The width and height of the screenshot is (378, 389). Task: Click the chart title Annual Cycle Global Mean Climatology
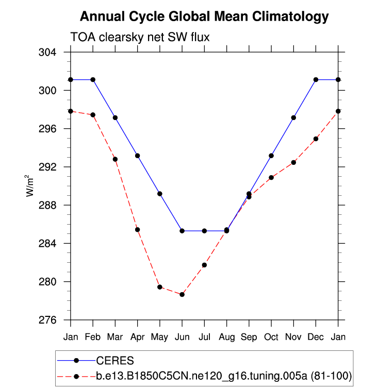(x=204, y=17)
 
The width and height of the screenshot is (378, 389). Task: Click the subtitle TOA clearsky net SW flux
(x=140, y=37)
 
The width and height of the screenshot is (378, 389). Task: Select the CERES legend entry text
(x=115, y=360)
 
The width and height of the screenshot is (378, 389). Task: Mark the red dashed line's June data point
(x=182, y=294)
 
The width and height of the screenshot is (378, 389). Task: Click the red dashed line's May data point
(x=160, y=287)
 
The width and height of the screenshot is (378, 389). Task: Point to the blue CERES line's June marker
(x=182, y=231)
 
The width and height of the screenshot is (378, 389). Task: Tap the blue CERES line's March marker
(x=115, y=117)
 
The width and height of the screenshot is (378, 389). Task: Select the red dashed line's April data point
(x=138, y=229)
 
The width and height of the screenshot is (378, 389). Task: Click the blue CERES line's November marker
(x=293, y=117)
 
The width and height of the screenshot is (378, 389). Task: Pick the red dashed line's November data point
(x=293, y=162)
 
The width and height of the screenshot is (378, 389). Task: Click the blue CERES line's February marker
(x=93, y=79)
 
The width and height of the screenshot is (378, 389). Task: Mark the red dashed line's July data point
(x=204, y=265)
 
